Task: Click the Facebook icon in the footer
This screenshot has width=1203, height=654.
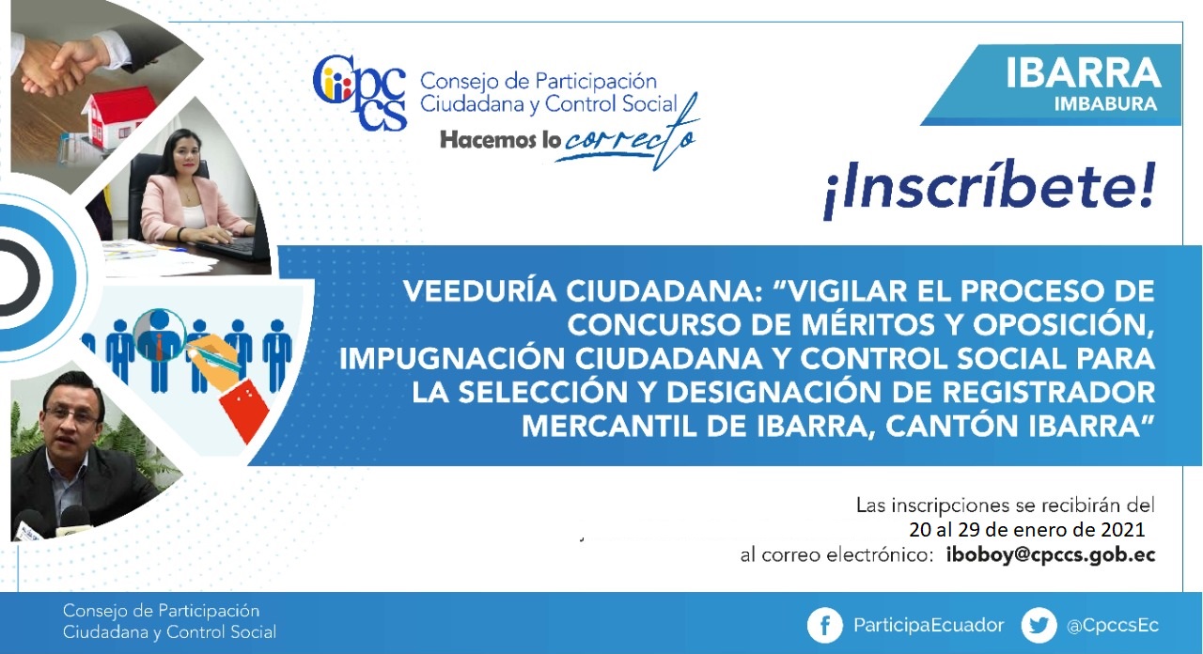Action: coord(825,626)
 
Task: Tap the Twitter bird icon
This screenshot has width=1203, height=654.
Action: coord(1039,626)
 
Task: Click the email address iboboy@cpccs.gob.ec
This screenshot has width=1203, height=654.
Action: coord(1051,555)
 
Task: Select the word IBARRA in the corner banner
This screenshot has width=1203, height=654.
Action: coord(1084,73)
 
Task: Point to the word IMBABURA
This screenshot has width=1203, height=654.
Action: coord(1105,104)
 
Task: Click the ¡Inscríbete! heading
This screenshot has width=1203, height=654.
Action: coord(989,190)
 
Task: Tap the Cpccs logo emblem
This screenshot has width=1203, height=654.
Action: coord(359,93)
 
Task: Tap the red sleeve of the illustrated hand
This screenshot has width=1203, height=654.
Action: coord(244,411)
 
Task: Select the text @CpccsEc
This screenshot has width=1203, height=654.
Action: coord(1113,626)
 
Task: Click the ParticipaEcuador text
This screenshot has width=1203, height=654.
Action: coord(929,626)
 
